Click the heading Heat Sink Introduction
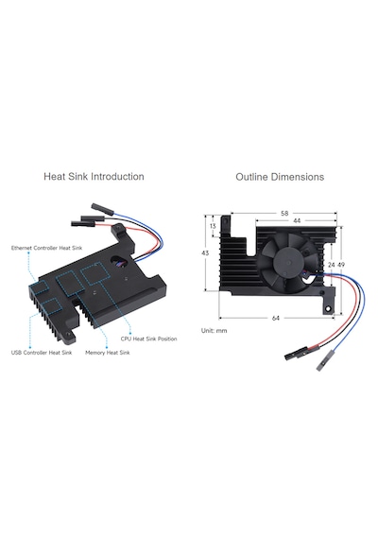click(x=94, y=176)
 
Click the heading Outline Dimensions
click(x=280, y=177)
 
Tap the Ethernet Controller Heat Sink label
click(x=46, y=248)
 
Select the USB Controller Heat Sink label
click(x=42, y=353)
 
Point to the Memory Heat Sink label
click(x=108, y=353)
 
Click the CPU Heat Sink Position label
click(x=148, y=339)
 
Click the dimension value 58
click(x=284, y=214)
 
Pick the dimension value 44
click(x=297, y=220)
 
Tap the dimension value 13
click(x=213, y=226)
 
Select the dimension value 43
click(x=205, y=253)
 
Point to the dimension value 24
click(x=332, y=265)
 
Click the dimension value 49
click(x=341, y=265)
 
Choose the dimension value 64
click(x=276, y=319)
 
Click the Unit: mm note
click(x=215, y=331)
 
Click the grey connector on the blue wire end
click(x=324, y=361)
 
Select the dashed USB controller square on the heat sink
click(x=52, y=306)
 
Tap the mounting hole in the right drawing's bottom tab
click(x=328, y=308)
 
